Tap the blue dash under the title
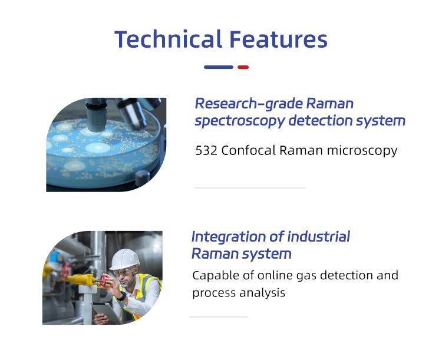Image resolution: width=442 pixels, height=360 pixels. point(218,67)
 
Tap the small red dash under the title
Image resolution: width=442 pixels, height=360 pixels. point(243,67)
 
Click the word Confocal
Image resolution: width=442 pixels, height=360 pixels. point(248,151)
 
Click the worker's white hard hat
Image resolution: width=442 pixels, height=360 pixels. point(124,257)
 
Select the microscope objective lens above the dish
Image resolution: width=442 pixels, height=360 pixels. point(95,112)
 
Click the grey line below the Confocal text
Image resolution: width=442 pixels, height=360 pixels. point(250,188)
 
